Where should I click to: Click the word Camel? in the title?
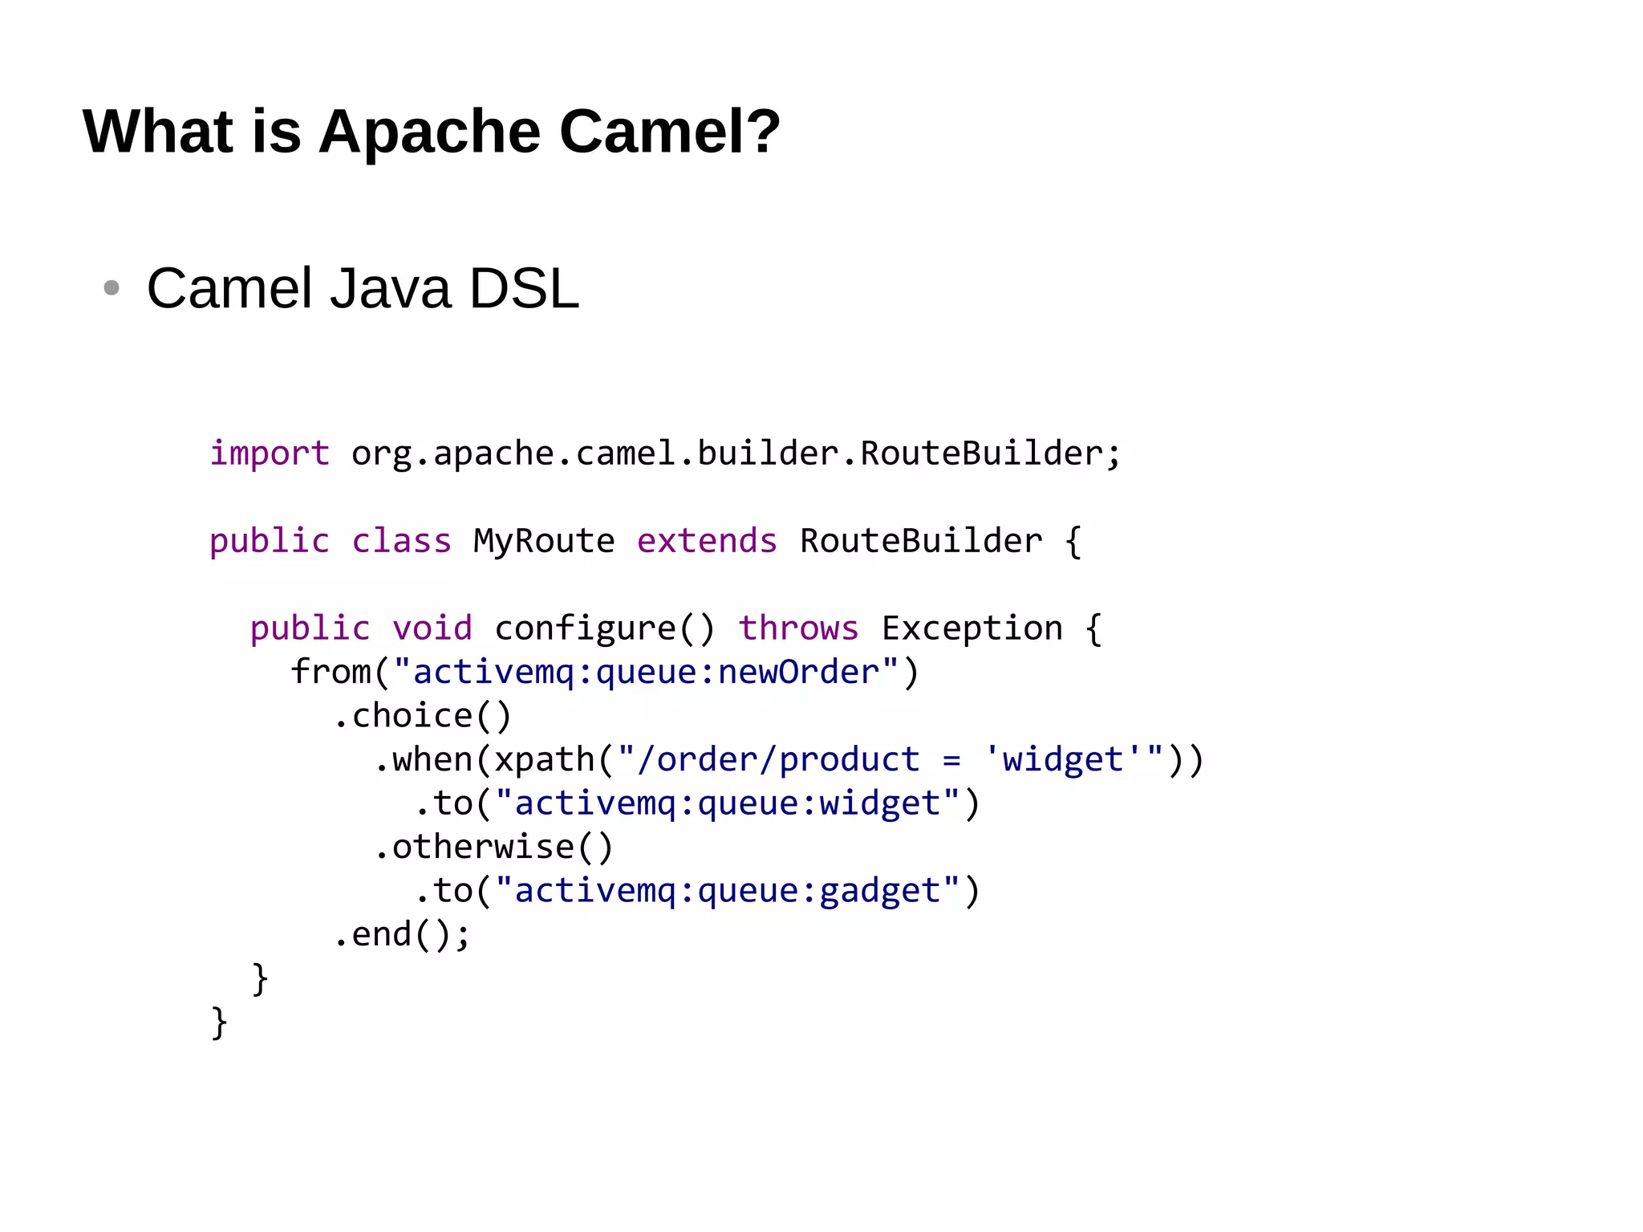(669, 132)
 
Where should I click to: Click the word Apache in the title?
(430, 132)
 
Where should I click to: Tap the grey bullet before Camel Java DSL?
(112, 287)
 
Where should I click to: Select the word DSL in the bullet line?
(523, 288)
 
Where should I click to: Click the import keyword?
(270, 453)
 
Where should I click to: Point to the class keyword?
(401, 541)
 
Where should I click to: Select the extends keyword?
(707, 541)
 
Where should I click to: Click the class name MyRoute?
(544, 541)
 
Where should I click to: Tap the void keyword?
(432, 628)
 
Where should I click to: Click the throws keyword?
(798, 628)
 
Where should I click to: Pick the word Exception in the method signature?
(972, 628)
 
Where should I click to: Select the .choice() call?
(422, 716)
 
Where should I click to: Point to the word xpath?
(544, 760)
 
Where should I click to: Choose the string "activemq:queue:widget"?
(727, 803)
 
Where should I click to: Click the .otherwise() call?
(493, 848)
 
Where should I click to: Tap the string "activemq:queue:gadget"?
(727, 891)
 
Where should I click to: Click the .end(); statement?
(401, 935)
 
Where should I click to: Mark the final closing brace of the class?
(219, 1023)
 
